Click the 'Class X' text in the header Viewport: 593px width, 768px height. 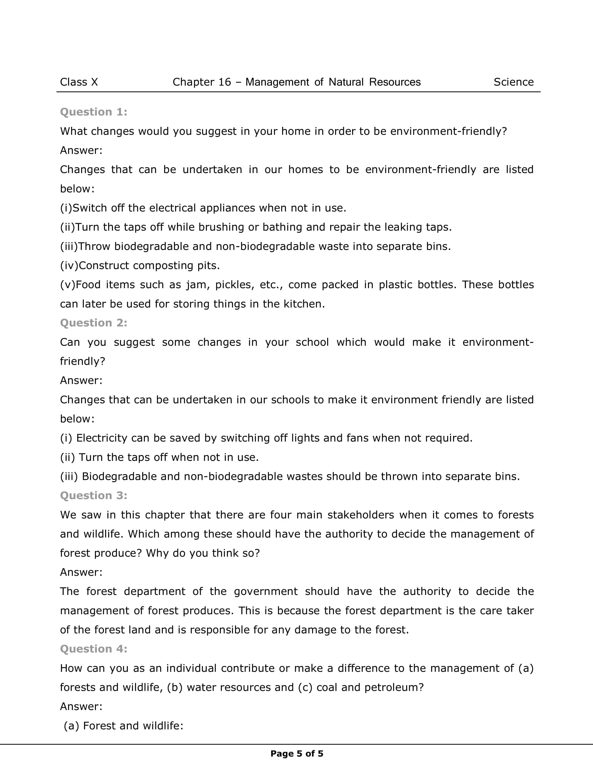[79, 82]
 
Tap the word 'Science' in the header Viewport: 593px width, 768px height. [513, 82]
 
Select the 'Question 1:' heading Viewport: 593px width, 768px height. [94, 112]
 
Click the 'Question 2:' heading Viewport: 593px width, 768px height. [94, 323]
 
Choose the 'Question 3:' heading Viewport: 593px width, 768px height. [94, 496]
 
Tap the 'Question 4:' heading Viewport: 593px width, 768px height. [94, 649]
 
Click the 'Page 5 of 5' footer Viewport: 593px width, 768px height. [297, 754]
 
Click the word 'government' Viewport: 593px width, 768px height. [265, 592]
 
